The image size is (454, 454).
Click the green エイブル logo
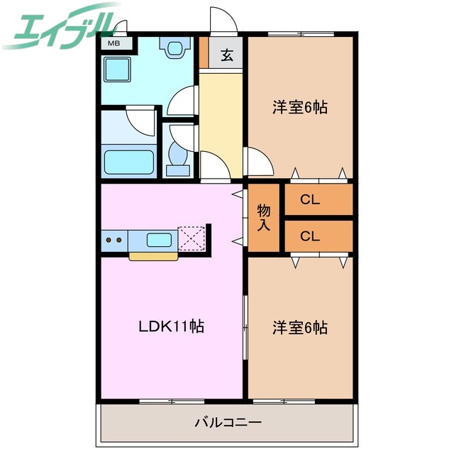[x=60, y=26]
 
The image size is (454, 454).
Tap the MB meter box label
[x=113, y=43]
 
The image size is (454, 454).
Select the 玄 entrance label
[x=227, y=55]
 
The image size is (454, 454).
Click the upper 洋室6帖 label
[x=300, y=108]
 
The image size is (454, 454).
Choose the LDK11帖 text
[x=171, y=327]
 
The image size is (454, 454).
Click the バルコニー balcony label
[x=228, y=423]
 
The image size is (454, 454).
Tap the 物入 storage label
[x=264, y=218]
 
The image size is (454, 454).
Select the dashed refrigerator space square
[x=191, y=238]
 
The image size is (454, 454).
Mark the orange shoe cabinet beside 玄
[x=204, y=52]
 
